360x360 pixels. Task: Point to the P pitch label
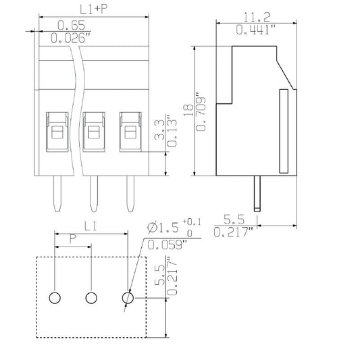click(x=73, y=239)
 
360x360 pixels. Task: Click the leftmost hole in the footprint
click(x=55, y=297)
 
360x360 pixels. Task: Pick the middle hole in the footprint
click(x=91, y=297)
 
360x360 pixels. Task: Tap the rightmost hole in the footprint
click(x=127, y=297)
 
